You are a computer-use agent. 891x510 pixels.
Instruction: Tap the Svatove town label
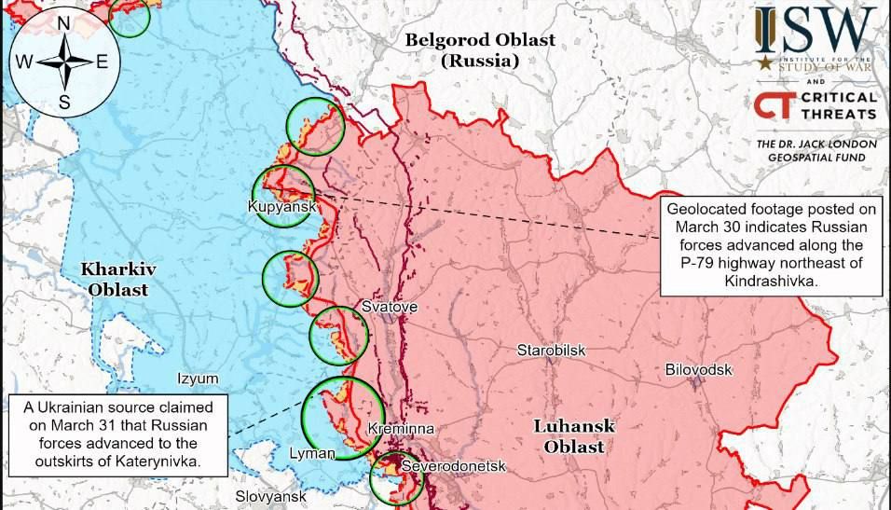[389, 307]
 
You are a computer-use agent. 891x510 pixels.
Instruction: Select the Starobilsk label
[552, 351]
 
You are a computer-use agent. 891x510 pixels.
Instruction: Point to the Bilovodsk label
[698, 370]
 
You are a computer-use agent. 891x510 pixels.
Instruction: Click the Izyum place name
[198, 379]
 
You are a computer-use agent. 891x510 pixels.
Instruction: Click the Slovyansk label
[270, 497]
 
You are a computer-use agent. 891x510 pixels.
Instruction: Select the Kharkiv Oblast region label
[117, 279]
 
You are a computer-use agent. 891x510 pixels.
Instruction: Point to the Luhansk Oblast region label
[573, 436]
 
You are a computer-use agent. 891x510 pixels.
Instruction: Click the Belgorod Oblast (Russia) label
[480, 50]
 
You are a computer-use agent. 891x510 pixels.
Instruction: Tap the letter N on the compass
[64, 23]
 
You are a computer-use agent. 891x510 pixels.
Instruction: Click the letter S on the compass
[64, 103]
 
